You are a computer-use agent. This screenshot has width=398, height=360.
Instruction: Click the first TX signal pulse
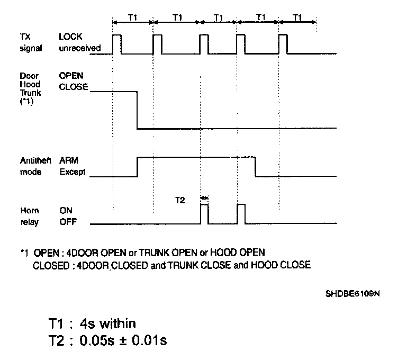pyautogui.click(x=116, y=44)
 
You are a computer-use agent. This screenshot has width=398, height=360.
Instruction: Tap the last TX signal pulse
pyautogui.click(x=283, y=44)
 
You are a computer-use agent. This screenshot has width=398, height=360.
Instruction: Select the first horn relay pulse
pyautogui.click(x=204, y=214)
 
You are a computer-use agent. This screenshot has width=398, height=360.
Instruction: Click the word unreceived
pyautogui.click(x=80, y=49)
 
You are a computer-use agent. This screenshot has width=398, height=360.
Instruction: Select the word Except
pyautogui.click(x=72, y=173)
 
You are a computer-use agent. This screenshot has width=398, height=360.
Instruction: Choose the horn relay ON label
pyautogui.click(x=66, y=210)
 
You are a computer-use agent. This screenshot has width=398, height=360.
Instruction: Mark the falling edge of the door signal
pyautogui.click(x=138, y=110)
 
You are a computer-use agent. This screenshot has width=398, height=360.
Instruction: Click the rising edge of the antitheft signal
pyautogui.click(x=138, y=166)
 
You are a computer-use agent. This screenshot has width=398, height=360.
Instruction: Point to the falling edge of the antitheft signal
pyautogui.click(x=256, y=166)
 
